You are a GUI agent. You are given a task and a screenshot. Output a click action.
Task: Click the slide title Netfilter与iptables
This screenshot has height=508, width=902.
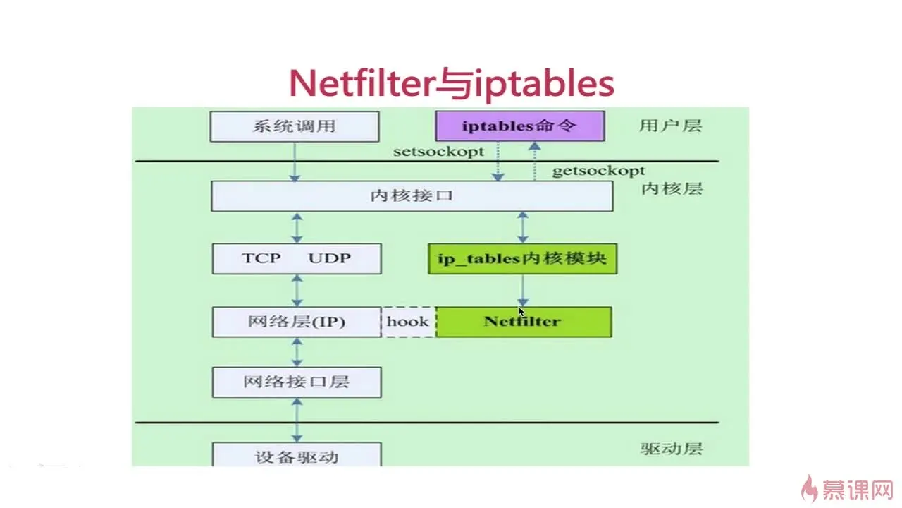tap(451, 84)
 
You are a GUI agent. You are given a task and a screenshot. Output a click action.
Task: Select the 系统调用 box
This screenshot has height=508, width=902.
tap(294, 127)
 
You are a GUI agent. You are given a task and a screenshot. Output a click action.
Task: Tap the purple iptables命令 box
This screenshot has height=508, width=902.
tap(519, 127)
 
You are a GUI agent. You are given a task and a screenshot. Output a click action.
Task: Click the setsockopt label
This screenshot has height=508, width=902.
tap(439, 151)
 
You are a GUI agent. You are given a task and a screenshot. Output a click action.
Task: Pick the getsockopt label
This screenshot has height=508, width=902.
tap(598, 171)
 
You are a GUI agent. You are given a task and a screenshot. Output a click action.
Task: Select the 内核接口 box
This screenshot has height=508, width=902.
tap(412, 195)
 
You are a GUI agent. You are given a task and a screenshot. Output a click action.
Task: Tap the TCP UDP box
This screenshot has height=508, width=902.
tap(297, 258)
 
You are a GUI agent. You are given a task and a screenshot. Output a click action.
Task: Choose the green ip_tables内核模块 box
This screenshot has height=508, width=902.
tap(522, 259)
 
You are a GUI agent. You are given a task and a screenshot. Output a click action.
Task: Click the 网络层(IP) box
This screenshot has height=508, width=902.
tap(297, 322)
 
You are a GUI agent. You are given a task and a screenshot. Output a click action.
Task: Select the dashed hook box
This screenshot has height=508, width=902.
tap(408, 322)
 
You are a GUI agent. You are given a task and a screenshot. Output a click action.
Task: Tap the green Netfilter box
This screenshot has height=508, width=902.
tap(523, 322)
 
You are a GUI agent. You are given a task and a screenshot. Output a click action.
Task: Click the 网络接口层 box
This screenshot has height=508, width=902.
tap(297, 382)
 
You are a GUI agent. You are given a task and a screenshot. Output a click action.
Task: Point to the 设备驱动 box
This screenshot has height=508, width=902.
tap(297, 456)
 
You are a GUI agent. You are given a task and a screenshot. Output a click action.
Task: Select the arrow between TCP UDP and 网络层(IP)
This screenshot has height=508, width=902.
tap(297, 290)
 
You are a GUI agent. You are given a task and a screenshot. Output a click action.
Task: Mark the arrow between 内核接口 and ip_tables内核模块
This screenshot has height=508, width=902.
tap(522, 227)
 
